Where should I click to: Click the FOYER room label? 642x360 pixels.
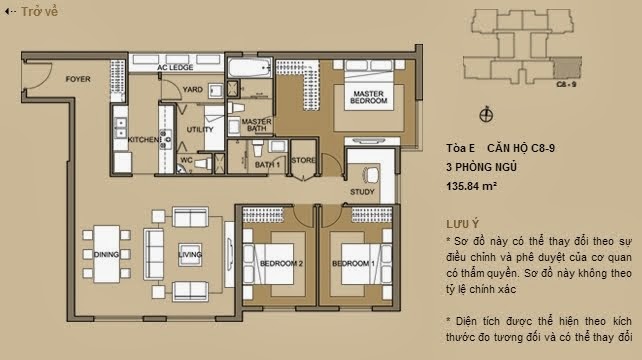pyautogui.click(x=80, y=77)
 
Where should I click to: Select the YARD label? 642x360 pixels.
pyautogui.click(x=193, y=89)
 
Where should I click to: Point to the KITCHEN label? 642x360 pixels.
pyautogui.click(x=142, y=140)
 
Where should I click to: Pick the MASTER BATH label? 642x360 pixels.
pyautogui.click(x=257, y=127)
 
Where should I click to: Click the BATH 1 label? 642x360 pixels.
pyautogui.click(x=267, y=163)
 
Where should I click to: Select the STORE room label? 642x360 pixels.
pyautogui.click(x=304, y=160)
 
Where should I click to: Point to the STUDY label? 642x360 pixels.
pyautogui.click(x=362, y=191)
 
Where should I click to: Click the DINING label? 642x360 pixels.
pyautogui.click(x=106, y=255)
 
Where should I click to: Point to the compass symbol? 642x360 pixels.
pyautogui.click(x=487, y=113)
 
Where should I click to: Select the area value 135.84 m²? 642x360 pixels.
pyautogui.click(x=472, y=185)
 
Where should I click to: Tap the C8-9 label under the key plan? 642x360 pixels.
pyautogui.click(x=564, y=87)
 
